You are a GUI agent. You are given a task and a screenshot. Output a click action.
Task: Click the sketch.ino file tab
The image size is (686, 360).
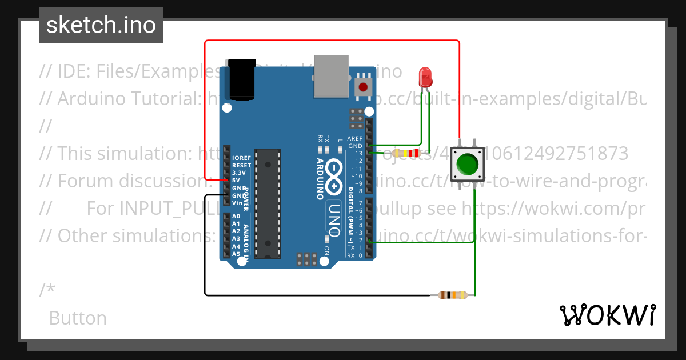pos(101,25)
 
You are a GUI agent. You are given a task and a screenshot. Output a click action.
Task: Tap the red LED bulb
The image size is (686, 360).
pos(425,76)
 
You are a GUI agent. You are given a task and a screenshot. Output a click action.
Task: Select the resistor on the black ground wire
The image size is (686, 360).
pos(452,295)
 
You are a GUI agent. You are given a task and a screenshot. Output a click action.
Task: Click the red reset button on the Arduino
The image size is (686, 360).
pos(363,87)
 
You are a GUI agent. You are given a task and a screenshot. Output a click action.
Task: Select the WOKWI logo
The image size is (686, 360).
pos(607,315)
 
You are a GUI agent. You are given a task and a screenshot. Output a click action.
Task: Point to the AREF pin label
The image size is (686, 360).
pos(355,139)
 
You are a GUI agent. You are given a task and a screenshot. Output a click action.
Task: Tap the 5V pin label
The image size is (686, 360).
pos(236,180)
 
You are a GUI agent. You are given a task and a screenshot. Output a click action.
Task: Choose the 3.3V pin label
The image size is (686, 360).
pos(238,173)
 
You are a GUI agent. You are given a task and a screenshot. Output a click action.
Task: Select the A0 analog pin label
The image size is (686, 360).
pos(236,217)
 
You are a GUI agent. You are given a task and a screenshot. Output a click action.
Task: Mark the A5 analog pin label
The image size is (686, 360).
pos(236,254)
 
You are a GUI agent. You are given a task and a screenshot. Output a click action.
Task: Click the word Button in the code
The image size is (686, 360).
pos(78,318)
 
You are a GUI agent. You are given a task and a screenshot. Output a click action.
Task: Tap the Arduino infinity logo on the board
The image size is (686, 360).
pos(334,177)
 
